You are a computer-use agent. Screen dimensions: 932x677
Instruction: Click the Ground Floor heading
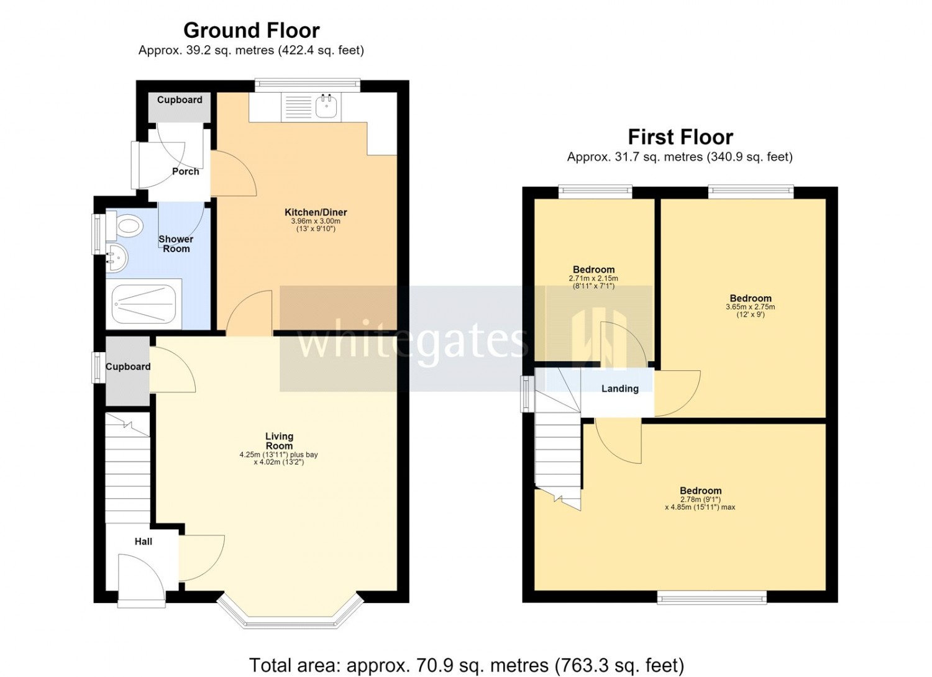tap(251, 30)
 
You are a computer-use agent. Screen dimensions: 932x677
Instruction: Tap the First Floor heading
tap(680, 137)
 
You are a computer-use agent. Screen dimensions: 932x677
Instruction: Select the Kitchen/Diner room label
tap(316, 212)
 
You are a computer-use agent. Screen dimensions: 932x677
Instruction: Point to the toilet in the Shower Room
tap(124, 226)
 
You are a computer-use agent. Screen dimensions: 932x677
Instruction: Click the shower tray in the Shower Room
tap(144, 303)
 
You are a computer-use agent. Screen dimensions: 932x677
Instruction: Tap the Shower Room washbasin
tap(114, 258)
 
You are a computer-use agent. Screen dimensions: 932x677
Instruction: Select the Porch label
tap(186, 171)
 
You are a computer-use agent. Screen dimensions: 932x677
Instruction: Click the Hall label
tap(143, 542)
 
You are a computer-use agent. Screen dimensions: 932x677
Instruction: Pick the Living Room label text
tap(279, 441)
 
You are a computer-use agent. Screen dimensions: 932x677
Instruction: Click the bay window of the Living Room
tap(290, 614)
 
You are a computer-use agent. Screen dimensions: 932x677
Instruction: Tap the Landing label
tap(620, 388)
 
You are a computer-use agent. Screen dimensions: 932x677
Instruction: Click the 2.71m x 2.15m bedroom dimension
tap(593, 278)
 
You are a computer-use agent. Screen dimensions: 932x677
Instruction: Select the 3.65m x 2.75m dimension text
tap(751, 307)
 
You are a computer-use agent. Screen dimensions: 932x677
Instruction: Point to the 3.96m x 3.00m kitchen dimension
tap(316, 221)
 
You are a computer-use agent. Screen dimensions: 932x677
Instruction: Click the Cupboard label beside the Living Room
tap(128, 366)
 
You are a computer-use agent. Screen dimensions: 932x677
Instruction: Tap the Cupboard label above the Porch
tap(180, 100)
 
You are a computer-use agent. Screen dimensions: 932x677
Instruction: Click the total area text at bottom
tap(467, 665)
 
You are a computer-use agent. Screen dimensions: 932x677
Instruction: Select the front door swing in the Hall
tap(142, 576)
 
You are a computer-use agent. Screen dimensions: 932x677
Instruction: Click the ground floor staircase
tap(128, 468)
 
